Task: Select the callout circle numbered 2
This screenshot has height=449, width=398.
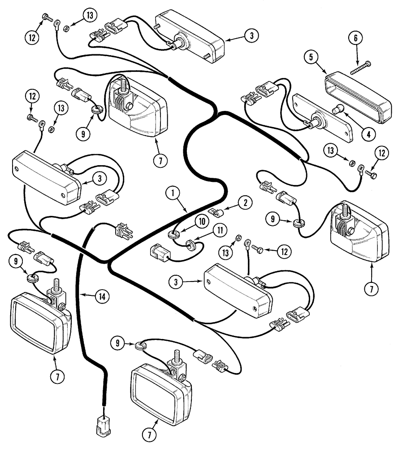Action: (x=245, y=203)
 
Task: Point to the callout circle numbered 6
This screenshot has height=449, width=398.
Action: (x=356, y=39)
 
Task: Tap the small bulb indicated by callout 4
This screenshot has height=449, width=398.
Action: (x=337, y=108)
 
